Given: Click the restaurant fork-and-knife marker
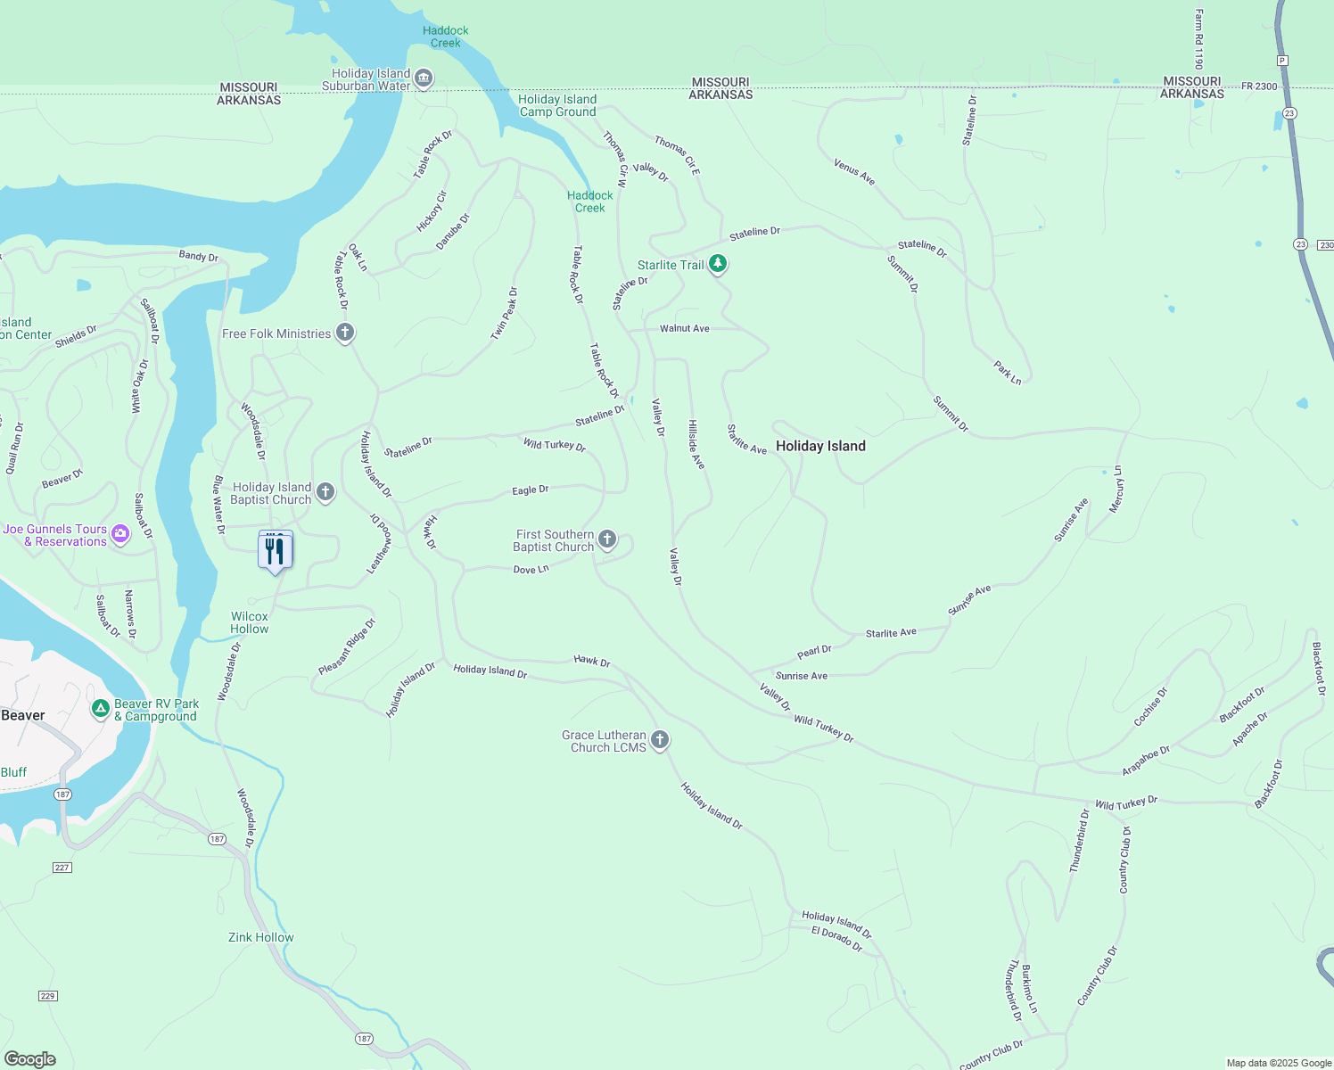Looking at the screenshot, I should click(x=275, y=551).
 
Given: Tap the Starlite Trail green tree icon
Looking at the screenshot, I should click(x=718, y=265).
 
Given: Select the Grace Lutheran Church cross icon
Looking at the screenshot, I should click(x=660, y=740).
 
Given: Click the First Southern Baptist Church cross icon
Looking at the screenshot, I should click(x=607, y=539).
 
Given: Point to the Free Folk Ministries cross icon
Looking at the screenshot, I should click(x=345, y=333).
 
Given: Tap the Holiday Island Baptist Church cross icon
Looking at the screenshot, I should click(x=325, y=492).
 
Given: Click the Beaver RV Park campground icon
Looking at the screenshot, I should click(x=102, y=710).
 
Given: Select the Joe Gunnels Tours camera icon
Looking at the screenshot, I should click(x=120, y=534).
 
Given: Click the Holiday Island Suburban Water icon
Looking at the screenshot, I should click(x=424, y=79).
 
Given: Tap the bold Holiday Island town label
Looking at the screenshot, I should click(x=820, y=446).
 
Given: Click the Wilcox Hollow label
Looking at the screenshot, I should click(x=250, y=622).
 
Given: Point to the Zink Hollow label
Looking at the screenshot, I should click(x=260, y=937).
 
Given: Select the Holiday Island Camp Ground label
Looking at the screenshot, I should click(x=557, y=105).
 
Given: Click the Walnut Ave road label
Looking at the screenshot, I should click(x=684, y=328).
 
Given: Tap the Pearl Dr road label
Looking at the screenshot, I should click(x=814, y=652).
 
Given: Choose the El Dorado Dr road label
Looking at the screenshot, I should click(x=836, y=938).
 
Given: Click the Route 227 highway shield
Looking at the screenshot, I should click(x=62, y=868).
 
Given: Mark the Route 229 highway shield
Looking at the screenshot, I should click(x=48, y=996).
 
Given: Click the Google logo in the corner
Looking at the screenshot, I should click(x=30, y=1058).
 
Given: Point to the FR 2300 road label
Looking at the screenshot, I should click(x=1259, y=86).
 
